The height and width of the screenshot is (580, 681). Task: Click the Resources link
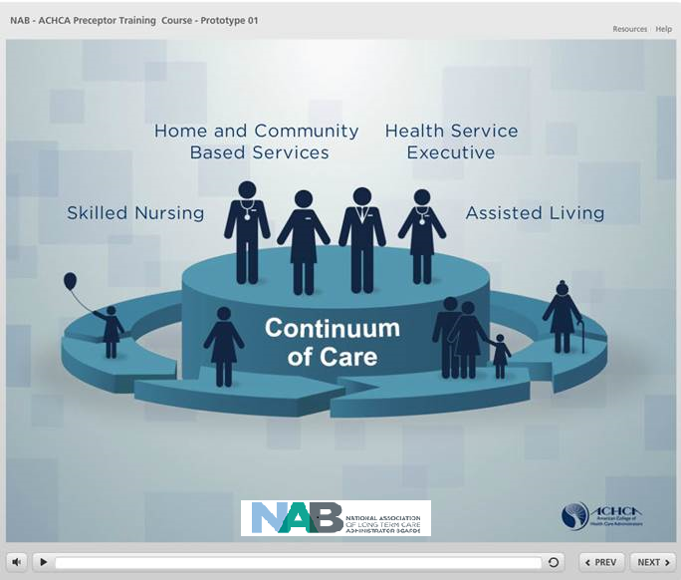629,29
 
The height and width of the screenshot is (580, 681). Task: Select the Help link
663,29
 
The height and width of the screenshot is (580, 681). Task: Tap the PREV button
599,562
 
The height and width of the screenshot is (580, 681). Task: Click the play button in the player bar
43,562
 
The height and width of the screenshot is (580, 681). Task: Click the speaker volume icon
17,562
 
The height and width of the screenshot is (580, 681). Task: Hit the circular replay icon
554,562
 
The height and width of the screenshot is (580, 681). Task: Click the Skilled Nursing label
135,213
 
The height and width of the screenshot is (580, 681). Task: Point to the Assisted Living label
535,213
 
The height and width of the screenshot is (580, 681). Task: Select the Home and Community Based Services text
257,142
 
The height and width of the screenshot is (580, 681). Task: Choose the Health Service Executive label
451,142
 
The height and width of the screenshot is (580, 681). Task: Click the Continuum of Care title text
332,341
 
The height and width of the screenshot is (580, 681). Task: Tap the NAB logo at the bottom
336,518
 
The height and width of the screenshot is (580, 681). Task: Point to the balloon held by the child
70,282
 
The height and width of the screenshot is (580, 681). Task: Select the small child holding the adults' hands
500,355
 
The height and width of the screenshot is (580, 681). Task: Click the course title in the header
134,20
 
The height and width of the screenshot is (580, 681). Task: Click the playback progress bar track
299,562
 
